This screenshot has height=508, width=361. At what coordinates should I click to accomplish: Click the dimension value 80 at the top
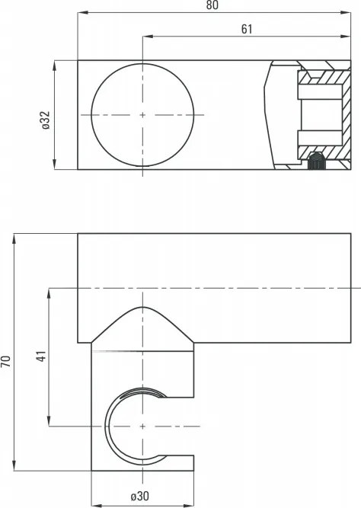[x=212, y=6]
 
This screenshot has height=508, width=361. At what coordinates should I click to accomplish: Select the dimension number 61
[x=246, y=30]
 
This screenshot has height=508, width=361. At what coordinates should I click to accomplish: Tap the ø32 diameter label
[x=45, y=120]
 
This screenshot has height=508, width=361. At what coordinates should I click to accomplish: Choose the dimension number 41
[x=41, y=356]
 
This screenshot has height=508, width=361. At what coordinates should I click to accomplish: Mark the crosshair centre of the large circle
[x=142, y=114]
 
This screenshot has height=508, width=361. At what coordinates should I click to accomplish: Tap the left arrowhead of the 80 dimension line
[x=81, y=13]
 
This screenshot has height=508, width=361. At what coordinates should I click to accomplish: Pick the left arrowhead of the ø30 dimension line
[x=94, y=504]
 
